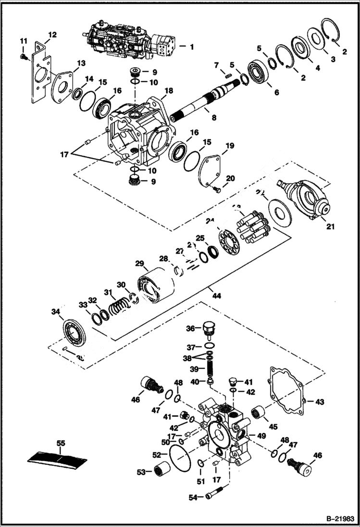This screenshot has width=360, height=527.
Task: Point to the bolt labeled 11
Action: [x=22, y=57]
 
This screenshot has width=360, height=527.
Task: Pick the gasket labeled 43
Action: [x=286, y=391]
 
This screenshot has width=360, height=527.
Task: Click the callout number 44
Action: [x=217, y=296]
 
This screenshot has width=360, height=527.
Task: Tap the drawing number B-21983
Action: [x=338, y=519]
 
